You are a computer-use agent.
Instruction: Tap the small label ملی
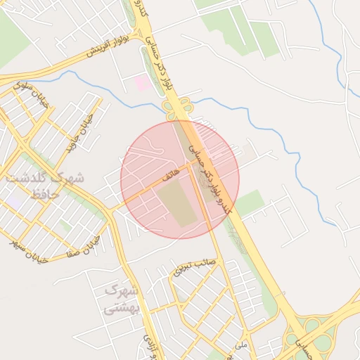(x=243, y=345)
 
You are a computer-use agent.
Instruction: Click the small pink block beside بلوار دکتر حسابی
(x=141, y=83)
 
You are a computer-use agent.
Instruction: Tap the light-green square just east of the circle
(x=250, y=202)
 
